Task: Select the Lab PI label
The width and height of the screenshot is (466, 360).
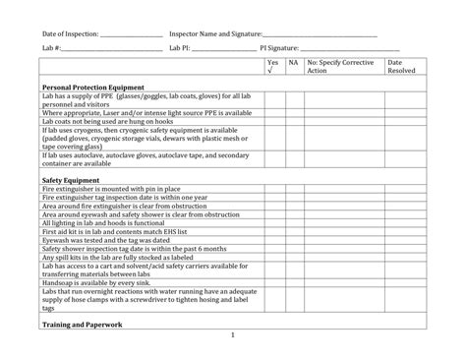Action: click(x=181, y=47)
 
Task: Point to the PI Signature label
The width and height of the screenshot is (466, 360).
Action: click(x=279, y=47)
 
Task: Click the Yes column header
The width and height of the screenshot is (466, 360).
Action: click(x=272, y=63)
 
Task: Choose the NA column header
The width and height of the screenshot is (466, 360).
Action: click(x=293, y=63)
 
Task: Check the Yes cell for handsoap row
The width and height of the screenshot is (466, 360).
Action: click(x=272, y=279)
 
